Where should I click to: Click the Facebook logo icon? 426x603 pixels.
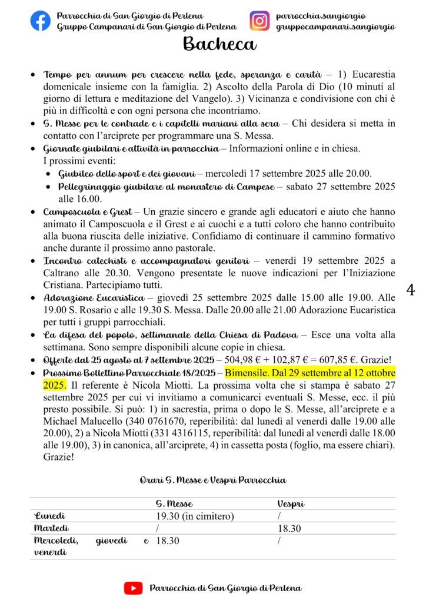pyautogui.click(x=40, y=21)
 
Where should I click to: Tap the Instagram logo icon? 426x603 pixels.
pyautogui.click(x=259, y=21)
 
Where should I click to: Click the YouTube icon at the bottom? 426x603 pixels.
pyautogui.click(x=133, y=588)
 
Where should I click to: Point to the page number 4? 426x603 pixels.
pyautogui.click(x=411, y=289)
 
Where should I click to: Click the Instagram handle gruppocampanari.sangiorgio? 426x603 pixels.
pyautogui.click(x=335, y=27)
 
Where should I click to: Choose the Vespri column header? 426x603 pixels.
pyautogui.click(x=290, y=504)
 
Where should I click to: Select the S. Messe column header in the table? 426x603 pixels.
pyautogui.click(x=174, y=504)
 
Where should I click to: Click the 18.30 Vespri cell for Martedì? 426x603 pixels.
pyautogui.click(x=289, y=529)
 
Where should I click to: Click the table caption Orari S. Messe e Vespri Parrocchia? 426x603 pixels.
pyautogui.click(x=212, y=480)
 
